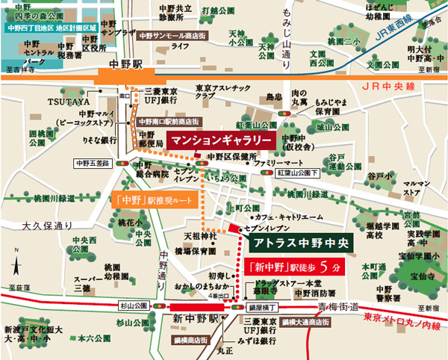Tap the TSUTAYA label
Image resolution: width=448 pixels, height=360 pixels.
tap(69, 101)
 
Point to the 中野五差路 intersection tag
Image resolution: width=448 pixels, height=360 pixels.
tap(92, 162)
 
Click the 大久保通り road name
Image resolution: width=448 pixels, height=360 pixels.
tap(48, 225)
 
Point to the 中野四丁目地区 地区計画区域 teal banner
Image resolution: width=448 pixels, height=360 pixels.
tap(52, 28)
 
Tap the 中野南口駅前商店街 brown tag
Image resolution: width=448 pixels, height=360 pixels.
tap(168, 120)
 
